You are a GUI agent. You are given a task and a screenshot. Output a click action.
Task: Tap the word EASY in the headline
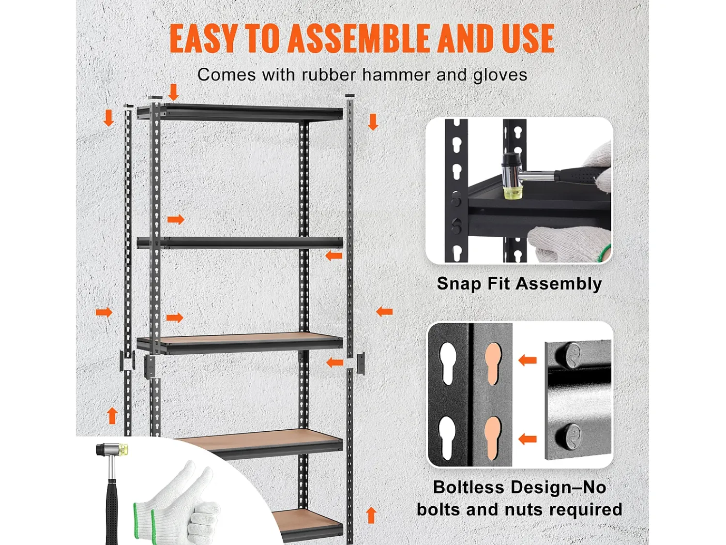point(203,38)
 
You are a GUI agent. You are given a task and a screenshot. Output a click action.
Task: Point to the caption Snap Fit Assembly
point(519,284)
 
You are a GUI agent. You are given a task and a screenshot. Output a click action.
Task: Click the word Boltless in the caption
point(469,487)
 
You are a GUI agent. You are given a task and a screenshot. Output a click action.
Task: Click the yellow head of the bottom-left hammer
point(123,449)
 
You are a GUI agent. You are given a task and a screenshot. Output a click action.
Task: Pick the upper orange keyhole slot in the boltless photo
point(493,364)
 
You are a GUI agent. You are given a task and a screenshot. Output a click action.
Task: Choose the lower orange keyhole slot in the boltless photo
point(493,437)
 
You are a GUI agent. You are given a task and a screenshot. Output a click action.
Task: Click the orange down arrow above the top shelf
point(173,92)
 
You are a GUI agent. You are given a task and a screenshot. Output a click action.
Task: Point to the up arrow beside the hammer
point(112,415)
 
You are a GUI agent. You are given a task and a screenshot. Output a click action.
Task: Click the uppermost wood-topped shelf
point(240,343)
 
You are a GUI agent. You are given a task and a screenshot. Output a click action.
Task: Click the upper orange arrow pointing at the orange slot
point(528,360)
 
